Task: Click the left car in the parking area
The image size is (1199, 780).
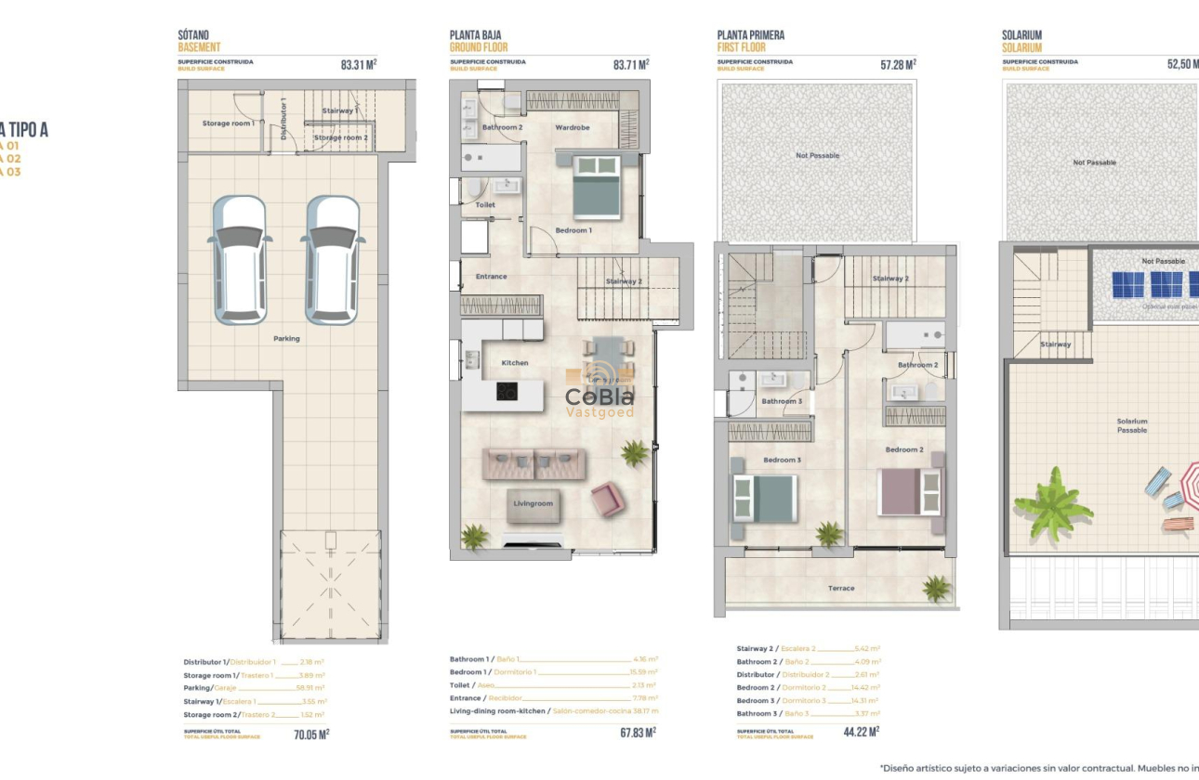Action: click(x=239, y=259)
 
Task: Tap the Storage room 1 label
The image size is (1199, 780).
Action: click(x=228, y=123)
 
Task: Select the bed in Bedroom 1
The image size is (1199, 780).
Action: click(x=596, y=187)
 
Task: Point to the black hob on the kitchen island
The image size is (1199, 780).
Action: click(x=507, y=392)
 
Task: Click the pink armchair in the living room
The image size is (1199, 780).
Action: click(x=608, y=500)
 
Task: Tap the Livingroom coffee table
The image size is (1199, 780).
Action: click(x=534, y=504)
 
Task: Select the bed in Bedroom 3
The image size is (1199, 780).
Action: click(x=764, y=499)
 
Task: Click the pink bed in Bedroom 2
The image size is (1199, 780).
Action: click(x=909, y=492)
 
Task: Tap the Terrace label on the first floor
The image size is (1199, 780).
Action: click(x=841, y=588)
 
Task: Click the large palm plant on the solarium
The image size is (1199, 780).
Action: click(x=1053, y=504)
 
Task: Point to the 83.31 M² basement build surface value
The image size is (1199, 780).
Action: click(x=359, y=65)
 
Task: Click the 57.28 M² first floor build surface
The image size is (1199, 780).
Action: click(x=898, y=65)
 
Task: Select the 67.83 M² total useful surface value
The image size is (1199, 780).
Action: click(x=638, y=732)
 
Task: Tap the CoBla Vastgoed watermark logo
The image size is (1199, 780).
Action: click(x=600, y=397)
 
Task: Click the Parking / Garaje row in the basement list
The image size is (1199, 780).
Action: click(x=254, y=688)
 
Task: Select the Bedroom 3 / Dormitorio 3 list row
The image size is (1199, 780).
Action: click(x=808, y=700)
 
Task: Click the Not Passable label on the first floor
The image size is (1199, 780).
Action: click(x=817, y=155)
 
